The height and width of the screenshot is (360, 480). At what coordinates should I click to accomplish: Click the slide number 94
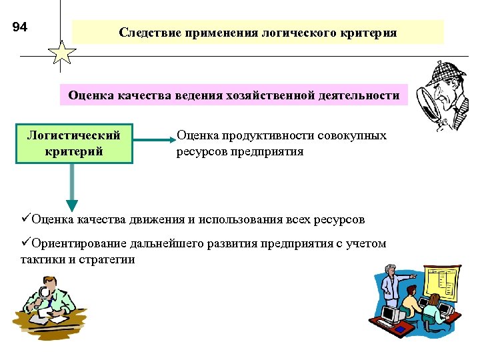(x=20, y=27)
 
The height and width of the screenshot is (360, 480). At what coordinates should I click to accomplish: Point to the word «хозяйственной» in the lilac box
(x=291, y=96)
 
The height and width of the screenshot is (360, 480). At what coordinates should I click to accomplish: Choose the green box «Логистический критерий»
(x=73, y=143)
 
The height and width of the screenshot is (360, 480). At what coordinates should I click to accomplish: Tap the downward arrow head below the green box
(x=72, y=205)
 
